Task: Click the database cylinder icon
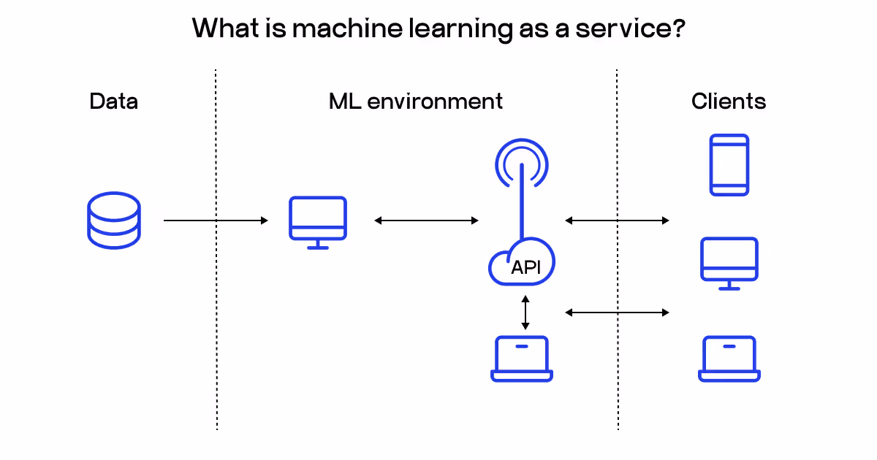point(113,220)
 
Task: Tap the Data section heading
point(113,101)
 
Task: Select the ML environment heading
point(415,101)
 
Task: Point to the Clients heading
point(729,101)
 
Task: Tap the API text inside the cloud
point(525,267)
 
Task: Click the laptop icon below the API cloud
point(521,359)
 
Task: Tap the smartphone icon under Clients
point(729,165)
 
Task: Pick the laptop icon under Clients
point(729,359)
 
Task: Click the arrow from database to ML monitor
point(216,221)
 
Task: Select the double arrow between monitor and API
point(426,221)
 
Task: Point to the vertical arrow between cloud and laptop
point(524,313)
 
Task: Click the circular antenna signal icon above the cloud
point(521,162)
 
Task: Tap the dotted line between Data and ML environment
point(216,329)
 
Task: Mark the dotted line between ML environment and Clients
point(618,365)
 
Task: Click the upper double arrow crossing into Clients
point(617,221)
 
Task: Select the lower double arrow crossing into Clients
point(617,313)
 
